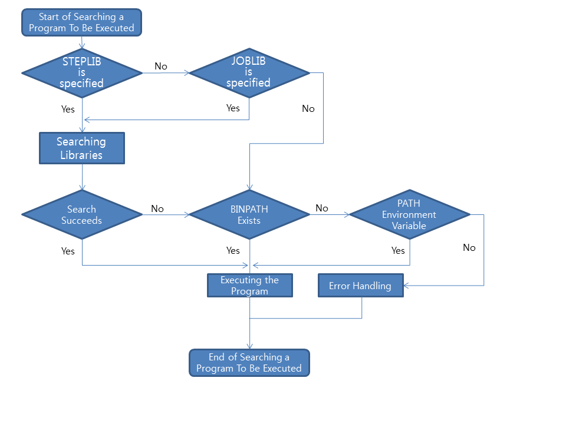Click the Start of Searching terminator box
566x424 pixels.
(x=82, y=22)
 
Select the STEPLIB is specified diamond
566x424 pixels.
(x=82, y=73)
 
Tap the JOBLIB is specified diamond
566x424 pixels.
(x=249, y=73)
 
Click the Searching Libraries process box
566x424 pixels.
(x=82, y=148)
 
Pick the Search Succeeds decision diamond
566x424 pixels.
(x=82, y=215)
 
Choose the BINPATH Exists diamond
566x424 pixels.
(x=249, y=215)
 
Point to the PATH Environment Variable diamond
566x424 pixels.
(x=409, y=215)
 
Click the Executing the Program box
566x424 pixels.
(x=250, y=286)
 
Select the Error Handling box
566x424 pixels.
(x=360, y=286)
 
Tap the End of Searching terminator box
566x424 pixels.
(x=249, y=363)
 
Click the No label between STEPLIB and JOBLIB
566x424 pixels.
(x=161, y=66)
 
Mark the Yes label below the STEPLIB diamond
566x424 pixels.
(x=68, y=109)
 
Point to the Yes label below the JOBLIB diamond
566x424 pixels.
(x=233, y=108)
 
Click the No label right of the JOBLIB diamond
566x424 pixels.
(x=308, y=108)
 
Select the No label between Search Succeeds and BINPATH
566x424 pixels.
(x=157, y=208)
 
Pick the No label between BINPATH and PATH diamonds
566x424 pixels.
(x=322, y=208)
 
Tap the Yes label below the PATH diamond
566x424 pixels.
(x=398, y=250)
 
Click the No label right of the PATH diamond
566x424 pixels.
(x=469, y=247)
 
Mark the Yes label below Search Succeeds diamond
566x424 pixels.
(x=68, y=251)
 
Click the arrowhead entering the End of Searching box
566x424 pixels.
(x=249, y=347)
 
